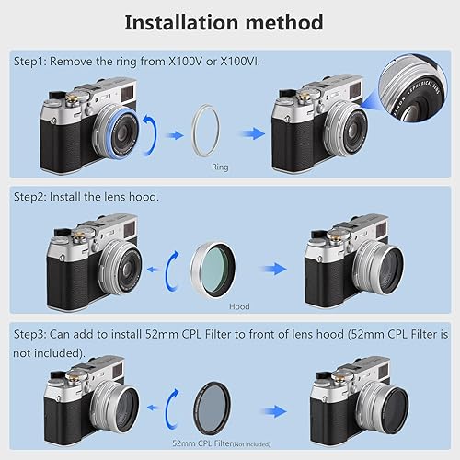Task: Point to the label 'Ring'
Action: pos(221,167)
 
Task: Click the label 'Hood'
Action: pos(239,305)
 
